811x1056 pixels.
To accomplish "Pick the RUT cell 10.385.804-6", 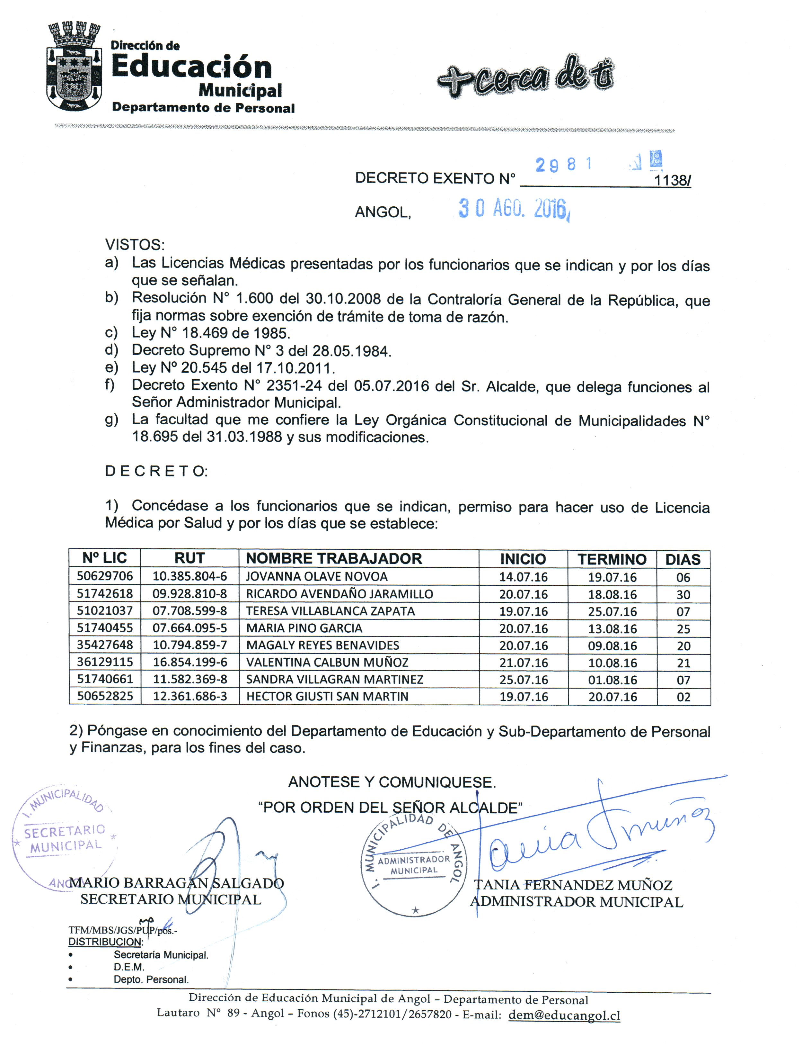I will [x=190, y=576].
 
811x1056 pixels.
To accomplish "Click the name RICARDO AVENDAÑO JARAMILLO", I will [x=339, y=594].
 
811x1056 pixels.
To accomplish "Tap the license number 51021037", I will [x=105, y=610].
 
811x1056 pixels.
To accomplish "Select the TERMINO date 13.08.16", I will [x=612, y=628].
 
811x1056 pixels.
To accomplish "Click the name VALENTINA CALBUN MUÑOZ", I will [x=327, y=662].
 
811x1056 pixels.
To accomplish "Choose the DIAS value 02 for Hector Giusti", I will [x=683, y=697].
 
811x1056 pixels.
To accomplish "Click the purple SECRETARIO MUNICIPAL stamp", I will [x=65, y=838].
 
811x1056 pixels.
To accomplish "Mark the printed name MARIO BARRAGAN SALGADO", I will [x=177, y=883].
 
